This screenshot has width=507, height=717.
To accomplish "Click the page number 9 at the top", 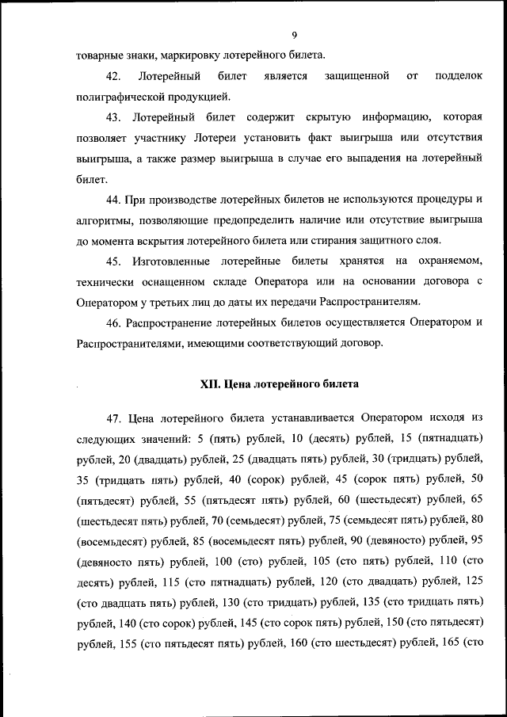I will tap(293, 35).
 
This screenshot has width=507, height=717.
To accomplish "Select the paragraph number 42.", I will tap(112, 76).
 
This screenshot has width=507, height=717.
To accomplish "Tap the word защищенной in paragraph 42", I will tap(356, 76).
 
